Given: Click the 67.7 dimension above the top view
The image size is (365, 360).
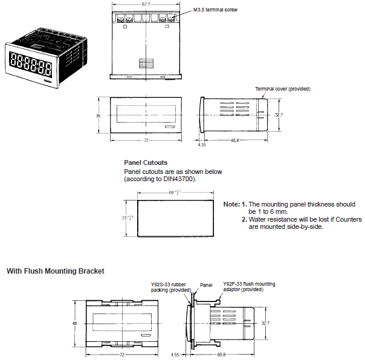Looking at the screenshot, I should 146,4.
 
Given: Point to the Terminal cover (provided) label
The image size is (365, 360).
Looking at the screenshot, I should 282,89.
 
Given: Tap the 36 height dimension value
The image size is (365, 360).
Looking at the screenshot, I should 98,115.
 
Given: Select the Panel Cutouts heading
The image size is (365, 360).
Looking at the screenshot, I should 146,162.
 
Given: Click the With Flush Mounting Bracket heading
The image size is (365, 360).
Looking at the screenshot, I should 56,271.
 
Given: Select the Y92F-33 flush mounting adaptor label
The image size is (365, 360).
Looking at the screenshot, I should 248,286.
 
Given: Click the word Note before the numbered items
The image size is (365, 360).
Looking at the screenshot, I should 231,205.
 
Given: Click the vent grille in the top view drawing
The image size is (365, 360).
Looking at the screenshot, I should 146,63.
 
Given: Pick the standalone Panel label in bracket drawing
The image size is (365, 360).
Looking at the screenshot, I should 206,284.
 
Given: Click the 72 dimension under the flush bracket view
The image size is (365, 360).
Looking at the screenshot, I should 122,355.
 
